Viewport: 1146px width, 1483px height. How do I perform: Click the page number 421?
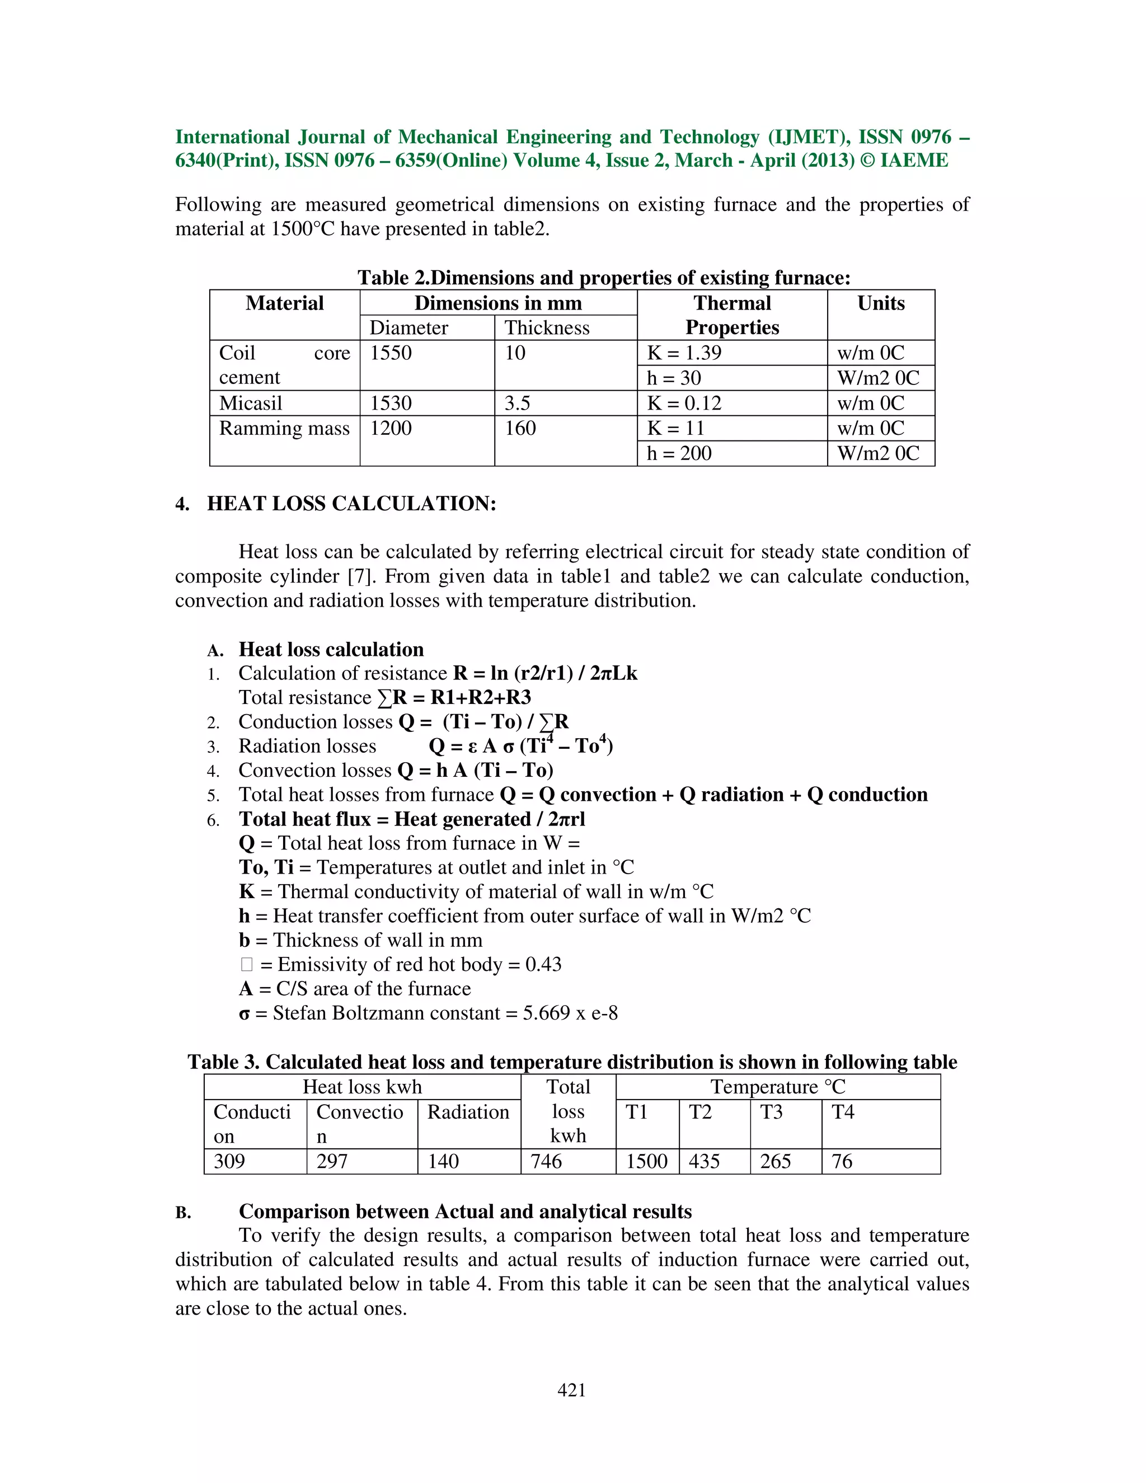tap(572, 1390)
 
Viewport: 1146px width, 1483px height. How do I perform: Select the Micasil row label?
tap(251, 403)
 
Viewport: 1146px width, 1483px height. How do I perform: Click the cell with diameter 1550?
tap(391, 353)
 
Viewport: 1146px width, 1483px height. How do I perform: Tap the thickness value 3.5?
tap(518, 403)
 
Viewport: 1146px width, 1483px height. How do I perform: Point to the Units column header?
tap(881, 303)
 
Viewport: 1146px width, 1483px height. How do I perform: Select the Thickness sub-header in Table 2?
tap(547, 328)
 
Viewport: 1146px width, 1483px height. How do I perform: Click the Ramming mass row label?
tap(284, 429)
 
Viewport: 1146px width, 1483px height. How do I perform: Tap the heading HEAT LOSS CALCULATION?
tap(351, 504)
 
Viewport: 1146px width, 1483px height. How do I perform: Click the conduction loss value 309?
tap(229, 1161)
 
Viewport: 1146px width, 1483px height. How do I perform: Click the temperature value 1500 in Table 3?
tap(647, 1161)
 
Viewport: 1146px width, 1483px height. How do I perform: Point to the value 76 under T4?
tap(842, 1161)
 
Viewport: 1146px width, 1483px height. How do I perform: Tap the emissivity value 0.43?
tap(544, 965)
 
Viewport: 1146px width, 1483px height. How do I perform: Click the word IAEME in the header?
tap(914, 161)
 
